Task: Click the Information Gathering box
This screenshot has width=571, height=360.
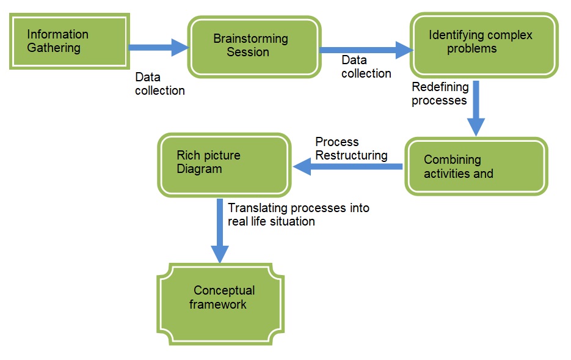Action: click(x=68, y=40)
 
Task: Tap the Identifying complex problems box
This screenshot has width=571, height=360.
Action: click(x=483, y=45)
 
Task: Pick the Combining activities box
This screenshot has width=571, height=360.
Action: click(x=476, y=166)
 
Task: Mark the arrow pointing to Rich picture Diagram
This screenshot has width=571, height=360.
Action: click(x=348, y=166)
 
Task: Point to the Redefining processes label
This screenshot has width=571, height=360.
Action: click(x=439, y=94)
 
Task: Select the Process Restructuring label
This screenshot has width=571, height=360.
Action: click(x=351, y=149)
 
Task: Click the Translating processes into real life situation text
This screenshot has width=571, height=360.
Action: click(x=298, y=215)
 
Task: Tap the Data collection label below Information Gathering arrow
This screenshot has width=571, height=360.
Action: click(x=159, y=84)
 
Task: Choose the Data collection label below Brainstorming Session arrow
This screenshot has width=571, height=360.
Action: click(x=366, y=67)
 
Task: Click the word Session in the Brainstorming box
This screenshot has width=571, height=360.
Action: click(x=248, y=53)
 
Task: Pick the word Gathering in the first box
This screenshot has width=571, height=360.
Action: click(x=54, y=47)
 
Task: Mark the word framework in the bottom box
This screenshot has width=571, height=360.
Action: click(x=218, y=304)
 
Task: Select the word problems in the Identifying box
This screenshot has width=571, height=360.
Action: click(x=471, y=48)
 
